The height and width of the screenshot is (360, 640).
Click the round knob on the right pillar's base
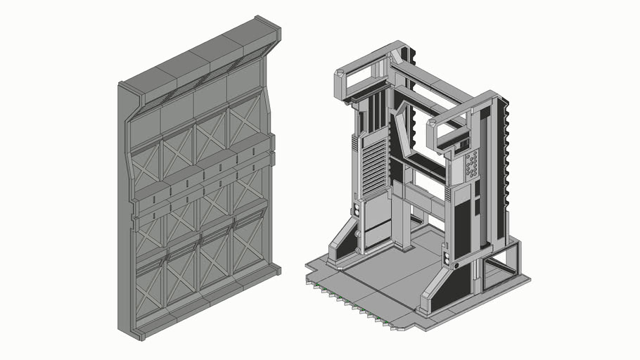[x=456, y=266]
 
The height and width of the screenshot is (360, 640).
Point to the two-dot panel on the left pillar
[x=356, y=210]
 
